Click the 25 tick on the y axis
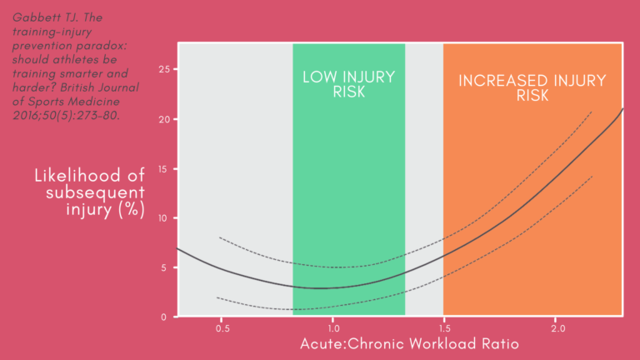pyautogui.click(x=164, y=70)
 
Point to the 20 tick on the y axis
pyautogui.click(x=164, y=119)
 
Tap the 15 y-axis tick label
pyautogui.click(x=164, y=169)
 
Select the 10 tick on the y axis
pyautogui.click(x=164, y=218)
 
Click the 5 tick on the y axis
pyautogui.click(x=167, y=267)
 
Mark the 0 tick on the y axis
pyautogui.click(x=167, y=317)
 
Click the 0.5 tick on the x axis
pyautogui.click(x=222, y=329)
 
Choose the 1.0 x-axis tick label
pyautogui.click(x=332, y=329)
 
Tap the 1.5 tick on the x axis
pyautogui.click(x=443, y=329)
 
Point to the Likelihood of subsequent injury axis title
pyautogui.click(x=89, y=192)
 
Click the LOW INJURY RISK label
pyautogui.click(x=348, y=84)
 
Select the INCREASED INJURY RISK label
pyautogui.click(x=533, y=88)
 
